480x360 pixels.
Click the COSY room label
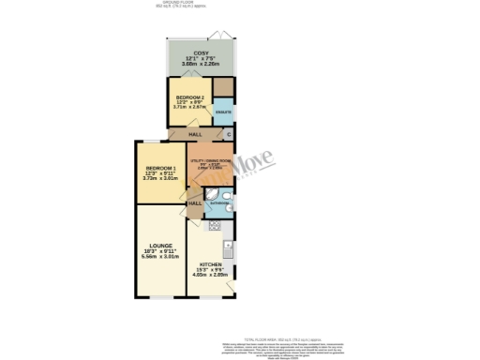[x=200, y=52]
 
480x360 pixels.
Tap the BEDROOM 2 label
[x=191, y=97]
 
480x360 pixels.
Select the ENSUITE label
[x=223, y=112]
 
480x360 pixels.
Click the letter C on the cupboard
[x=229, y=135]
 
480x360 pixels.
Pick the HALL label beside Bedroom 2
[x=195, y=135]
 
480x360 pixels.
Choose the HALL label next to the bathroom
[x=195, y=203]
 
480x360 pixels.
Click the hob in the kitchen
[x=214, y=225]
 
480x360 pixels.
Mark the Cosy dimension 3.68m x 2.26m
[x=200, y=64]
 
